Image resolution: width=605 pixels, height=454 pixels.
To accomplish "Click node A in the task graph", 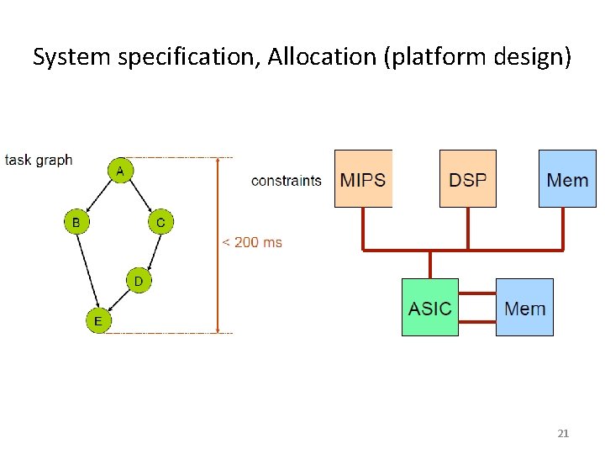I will coord(120,171).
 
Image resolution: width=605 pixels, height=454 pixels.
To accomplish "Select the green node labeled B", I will coord(76,223).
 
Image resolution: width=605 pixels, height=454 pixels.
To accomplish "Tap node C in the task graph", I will coord(160,223).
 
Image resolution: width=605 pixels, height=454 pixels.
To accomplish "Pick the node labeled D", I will coord(139,280).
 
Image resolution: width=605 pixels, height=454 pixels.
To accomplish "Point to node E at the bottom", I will coord(98,320).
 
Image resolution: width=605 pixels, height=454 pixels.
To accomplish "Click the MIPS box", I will coord(363,179).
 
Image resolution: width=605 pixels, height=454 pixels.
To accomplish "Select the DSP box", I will coord(468,179).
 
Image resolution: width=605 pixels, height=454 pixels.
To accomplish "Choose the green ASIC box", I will coord(430,308).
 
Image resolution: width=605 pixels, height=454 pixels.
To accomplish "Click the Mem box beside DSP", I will coord(567,179).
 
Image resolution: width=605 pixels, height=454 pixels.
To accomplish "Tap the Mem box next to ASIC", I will coord(524,308).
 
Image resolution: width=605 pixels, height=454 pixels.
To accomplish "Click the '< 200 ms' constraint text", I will coord(252,242).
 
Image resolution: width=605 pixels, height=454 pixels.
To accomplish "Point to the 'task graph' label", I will coord(39,160).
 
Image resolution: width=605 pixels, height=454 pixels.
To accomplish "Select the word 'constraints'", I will coord(287,180).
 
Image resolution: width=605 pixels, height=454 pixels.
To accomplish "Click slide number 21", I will coord(563,433).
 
